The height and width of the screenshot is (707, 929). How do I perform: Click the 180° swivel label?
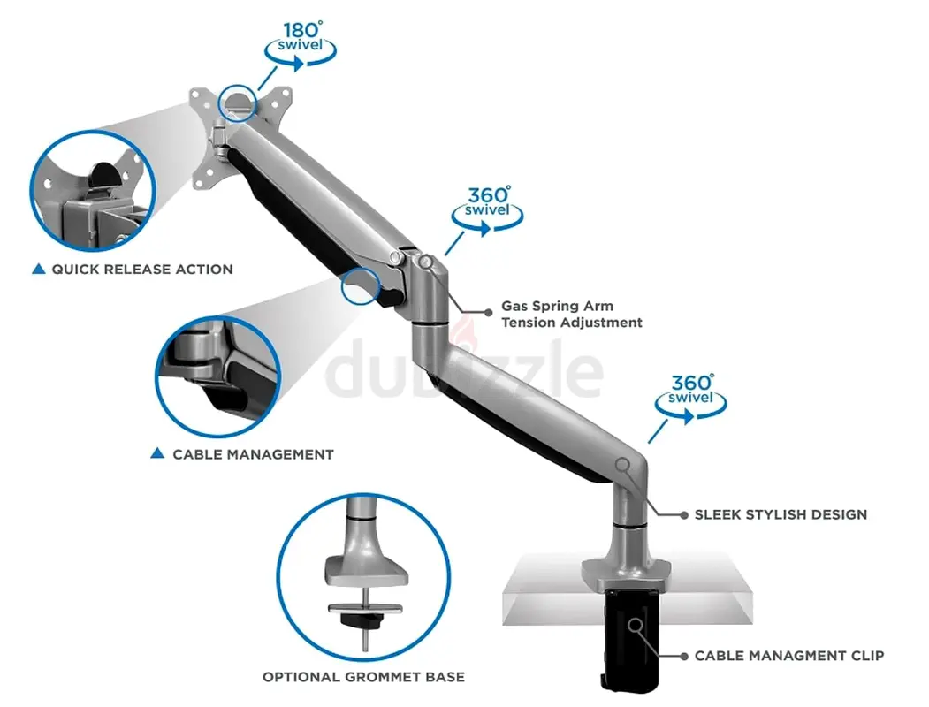(x=301, y=37)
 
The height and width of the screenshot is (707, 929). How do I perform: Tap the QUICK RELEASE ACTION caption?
(x=142, y=270)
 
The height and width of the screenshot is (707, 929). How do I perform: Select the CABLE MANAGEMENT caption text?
(x=253, y=455)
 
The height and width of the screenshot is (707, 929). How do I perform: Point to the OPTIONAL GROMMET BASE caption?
(x=364, y=677)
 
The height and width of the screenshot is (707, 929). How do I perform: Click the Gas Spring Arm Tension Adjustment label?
(x=572, y=315)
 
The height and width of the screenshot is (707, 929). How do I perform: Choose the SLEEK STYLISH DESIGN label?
(x=781, y=514)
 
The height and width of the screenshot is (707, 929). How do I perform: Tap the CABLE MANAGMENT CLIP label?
(x=789, y=656)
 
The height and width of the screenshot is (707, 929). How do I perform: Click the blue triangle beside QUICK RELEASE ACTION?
(x=39, y=269)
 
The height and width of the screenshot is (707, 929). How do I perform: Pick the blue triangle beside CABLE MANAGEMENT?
(x=157, y=453)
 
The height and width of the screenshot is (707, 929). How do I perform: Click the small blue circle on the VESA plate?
(x=238, y=103)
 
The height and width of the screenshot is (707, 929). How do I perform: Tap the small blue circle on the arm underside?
(x=361, y=286)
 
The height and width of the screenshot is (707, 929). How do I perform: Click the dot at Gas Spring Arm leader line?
(x=489, y=313)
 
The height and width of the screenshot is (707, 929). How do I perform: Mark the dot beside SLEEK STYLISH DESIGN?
(x=684, y=515)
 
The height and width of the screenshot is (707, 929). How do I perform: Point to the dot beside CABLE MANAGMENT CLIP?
(x=684, y=656)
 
